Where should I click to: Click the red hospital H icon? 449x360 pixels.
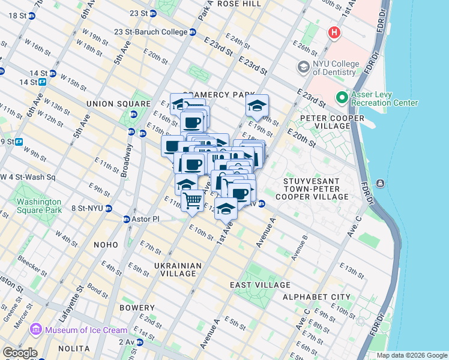(x=333, y=32)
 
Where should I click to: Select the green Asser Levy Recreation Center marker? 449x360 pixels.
(x=342, y=97)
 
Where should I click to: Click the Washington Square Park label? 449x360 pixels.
(x=39, y=206)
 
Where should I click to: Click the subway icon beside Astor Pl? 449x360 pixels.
(x=127, y=219)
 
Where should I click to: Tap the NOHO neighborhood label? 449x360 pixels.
(x=106, y=245)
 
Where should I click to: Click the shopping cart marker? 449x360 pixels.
(x=192, y=200)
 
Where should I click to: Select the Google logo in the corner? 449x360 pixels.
(x=19, y=353)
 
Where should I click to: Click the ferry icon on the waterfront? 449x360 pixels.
(x=381, y=183)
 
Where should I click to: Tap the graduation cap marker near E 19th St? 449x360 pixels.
(x=256, y=106)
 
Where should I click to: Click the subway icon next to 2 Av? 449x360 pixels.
(x=140, y=342)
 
